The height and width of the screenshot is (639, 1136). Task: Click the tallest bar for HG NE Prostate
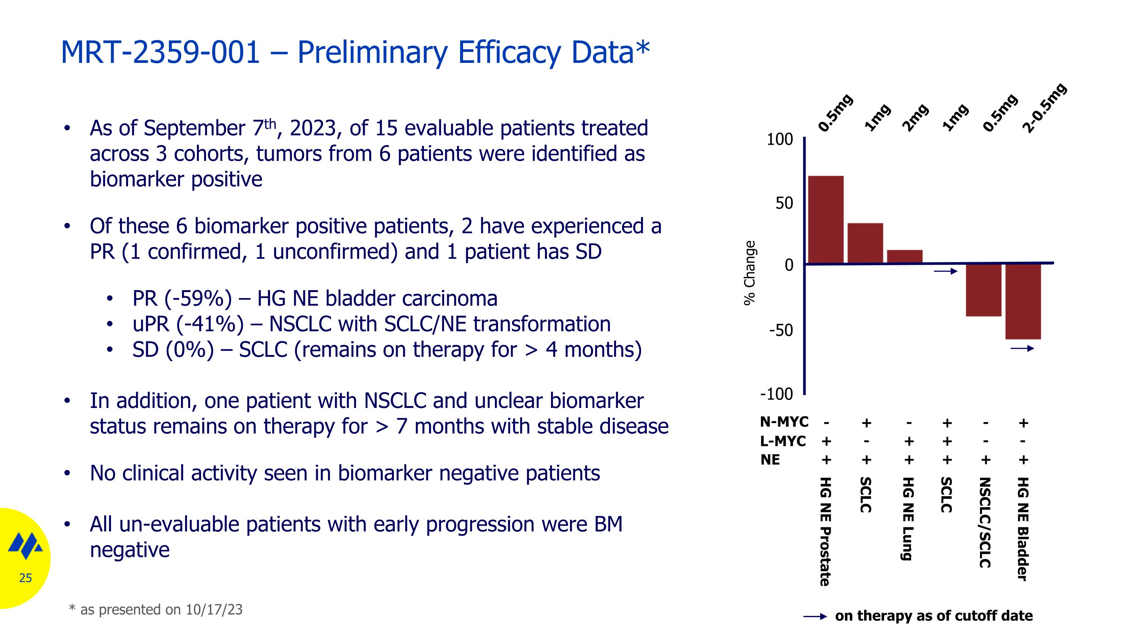point(825,220)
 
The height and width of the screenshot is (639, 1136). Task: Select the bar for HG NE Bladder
point(1023,302)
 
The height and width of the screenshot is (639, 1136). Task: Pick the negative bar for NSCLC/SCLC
point(983,290)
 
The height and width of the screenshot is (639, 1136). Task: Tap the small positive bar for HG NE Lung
point(905,257)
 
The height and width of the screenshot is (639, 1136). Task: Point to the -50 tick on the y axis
point(781,330)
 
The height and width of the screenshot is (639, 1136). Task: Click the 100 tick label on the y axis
point(780,140)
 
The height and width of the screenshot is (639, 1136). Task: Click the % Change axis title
point(750,273)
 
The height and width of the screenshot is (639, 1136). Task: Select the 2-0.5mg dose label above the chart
point(1044,108)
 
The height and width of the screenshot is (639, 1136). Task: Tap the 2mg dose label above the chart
point(915,118)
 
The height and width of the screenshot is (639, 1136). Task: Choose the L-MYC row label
point(783,441)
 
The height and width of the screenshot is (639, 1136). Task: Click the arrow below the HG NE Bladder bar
point(1022,349)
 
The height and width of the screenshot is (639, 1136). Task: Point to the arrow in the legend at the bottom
point(815,617)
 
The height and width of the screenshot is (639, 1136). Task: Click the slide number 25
point(26,578)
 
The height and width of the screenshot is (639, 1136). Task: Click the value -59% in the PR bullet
point(198,298)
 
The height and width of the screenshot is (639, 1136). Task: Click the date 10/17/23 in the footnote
point(214,609)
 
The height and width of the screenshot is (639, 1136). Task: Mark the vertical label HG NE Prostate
point(825,531)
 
